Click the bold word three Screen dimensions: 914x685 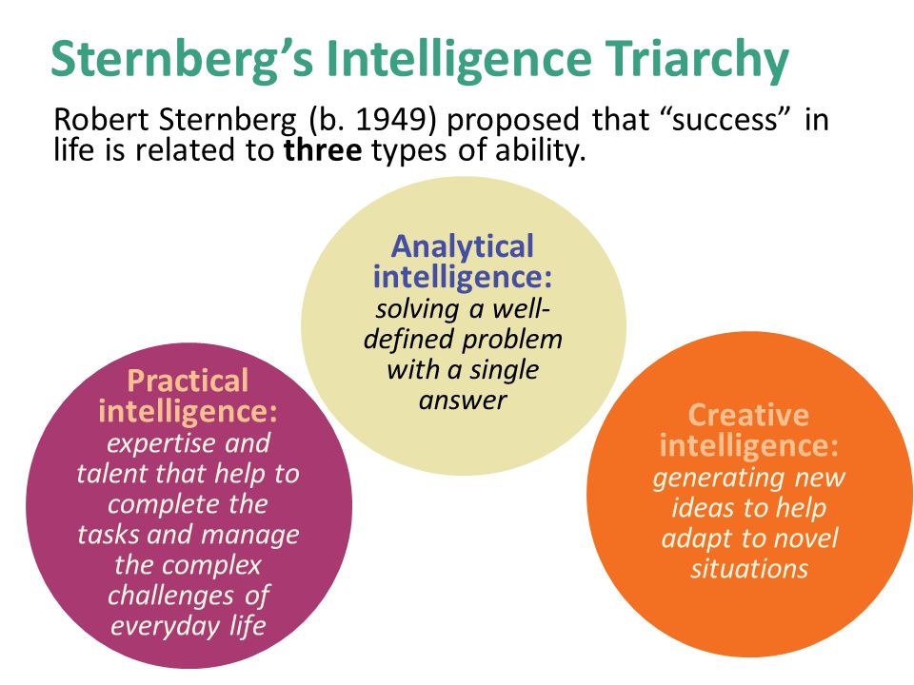point(323,149)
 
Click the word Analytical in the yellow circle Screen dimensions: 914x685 point(463,246)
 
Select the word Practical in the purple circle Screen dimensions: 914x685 point(188,381)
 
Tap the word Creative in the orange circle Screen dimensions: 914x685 point(748,416)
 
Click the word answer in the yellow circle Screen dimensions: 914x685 point(463,401)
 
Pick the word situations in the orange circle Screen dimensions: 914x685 point(749,568)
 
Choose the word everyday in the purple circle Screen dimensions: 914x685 point(165,627)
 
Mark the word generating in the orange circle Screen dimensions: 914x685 point(718,479)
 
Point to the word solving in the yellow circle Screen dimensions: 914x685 point(417,309)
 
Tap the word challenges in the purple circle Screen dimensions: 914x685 point(170,596)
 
